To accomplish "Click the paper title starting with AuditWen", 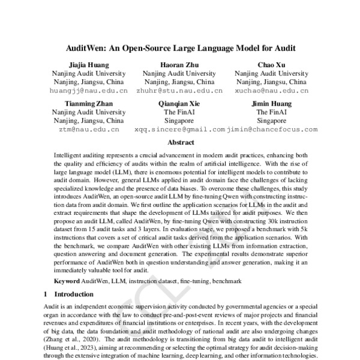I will pyautogui.click(x=180, y=47).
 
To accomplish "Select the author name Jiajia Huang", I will pyautogui.click(x=89, y=64).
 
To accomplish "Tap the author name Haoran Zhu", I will pyautogui.click(x=179, y=64).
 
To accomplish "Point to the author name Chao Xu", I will pyautogui.click(x=272, y=64).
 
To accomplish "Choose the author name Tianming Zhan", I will pyautogui.click(x=89, y=103).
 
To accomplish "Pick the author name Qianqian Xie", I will pyautogui.click(x=179, y=103).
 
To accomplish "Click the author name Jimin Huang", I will pyautogui.click(x=272, y=103).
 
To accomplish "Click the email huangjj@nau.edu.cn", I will pyautogui.click(x=89, y=91).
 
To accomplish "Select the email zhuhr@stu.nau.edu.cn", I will pyautogui.click(x=179, y=91).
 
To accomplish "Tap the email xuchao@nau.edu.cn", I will pyautogui.click(x=272, y=91).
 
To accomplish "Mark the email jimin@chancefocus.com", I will pyautogui.click(x=272, y=129).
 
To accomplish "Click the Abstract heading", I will pyautogui.click(x=180, y=143).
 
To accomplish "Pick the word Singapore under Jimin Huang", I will pyautogui.click(x=272, y=120).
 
